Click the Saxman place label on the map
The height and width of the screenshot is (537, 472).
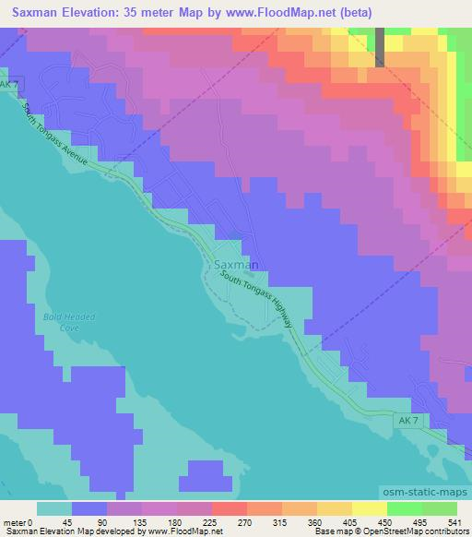click(x=236, y=264)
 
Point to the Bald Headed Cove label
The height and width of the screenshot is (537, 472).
click(x=69, y=322)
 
